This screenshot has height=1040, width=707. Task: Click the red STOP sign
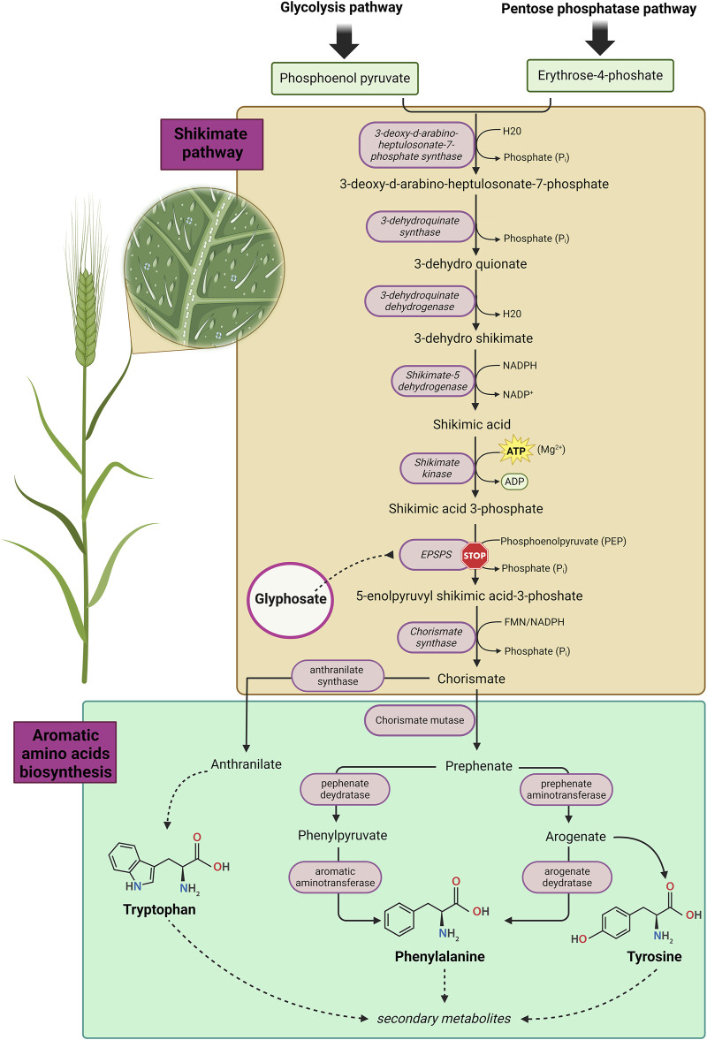[x=475, y=556]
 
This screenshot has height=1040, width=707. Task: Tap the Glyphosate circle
[x=291, y=600]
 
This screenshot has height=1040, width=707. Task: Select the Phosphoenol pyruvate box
[x=345, y=79]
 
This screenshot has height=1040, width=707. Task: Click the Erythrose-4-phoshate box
[x=599, y=76]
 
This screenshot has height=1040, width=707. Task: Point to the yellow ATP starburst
[x=516, y=451]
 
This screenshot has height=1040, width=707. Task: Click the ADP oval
[x=514, y=482]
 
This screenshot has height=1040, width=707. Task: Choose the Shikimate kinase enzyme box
[x=437, y=467]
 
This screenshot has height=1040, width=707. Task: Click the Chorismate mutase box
[x=420, y=720]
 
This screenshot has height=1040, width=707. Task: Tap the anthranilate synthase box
[x=338, y=675]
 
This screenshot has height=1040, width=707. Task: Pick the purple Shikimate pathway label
[x=211, y=144]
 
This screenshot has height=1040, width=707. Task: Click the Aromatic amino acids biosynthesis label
[x=65, y=752]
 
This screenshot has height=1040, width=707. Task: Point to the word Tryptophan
[x=159, y=909]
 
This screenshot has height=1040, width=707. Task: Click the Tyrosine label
[x=654, y=956]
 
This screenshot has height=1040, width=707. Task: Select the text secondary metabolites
[x=444, y=1018]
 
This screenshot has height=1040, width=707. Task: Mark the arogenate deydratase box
[x=567, y=877]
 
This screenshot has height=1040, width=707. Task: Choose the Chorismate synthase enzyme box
[x=437, y=637]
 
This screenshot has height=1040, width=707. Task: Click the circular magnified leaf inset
[x=204, y=268]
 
